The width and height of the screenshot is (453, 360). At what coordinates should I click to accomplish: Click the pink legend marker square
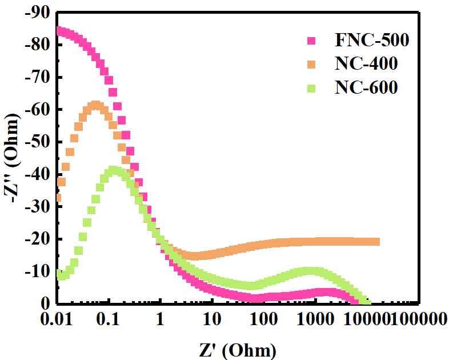(312, 41)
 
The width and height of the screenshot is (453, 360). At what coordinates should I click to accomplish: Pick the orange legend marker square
(312, 64)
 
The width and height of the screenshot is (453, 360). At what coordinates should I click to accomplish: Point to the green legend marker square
(312, 88)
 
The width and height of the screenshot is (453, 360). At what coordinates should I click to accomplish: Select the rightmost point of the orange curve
(376, 242)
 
